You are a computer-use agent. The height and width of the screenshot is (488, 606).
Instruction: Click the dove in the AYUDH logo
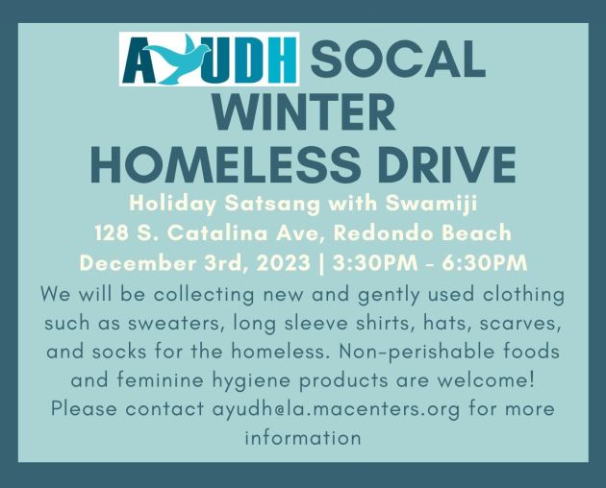pos(175,59)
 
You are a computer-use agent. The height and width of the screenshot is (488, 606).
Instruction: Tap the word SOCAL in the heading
pos(397,59)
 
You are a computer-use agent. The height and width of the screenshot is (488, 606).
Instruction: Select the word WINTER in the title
pos(303,113)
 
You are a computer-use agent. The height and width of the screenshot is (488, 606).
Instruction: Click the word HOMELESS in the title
pos(225,165)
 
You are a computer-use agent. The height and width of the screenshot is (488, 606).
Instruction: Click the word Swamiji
pos(431,204)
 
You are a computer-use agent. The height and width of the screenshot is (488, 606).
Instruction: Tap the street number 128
pos(112,233)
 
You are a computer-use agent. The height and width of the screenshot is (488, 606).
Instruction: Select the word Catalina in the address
pos(217,233)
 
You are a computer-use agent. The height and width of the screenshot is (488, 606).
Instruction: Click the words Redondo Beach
pos(422,233)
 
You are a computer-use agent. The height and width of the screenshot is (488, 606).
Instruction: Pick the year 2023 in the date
pos(284,263)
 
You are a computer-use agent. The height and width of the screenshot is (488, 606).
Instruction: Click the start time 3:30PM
pos(375,263)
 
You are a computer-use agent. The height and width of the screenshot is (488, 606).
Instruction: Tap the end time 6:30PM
pos(485,263)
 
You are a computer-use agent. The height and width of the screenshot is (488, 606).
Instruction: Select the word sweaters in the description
pos(177,323)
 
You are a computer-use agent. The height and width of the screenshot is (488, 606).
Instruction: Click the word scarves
pos(520,323)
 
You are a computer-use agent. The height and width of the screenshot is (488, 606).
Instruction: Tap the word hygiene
pos(251,380)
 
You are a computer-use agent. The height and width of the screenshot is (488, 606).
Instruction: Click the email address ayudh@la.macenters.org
pos(337,409)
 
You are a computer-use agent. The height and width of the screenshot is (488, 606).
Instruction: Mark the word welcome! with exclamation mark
pos(486,380)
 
